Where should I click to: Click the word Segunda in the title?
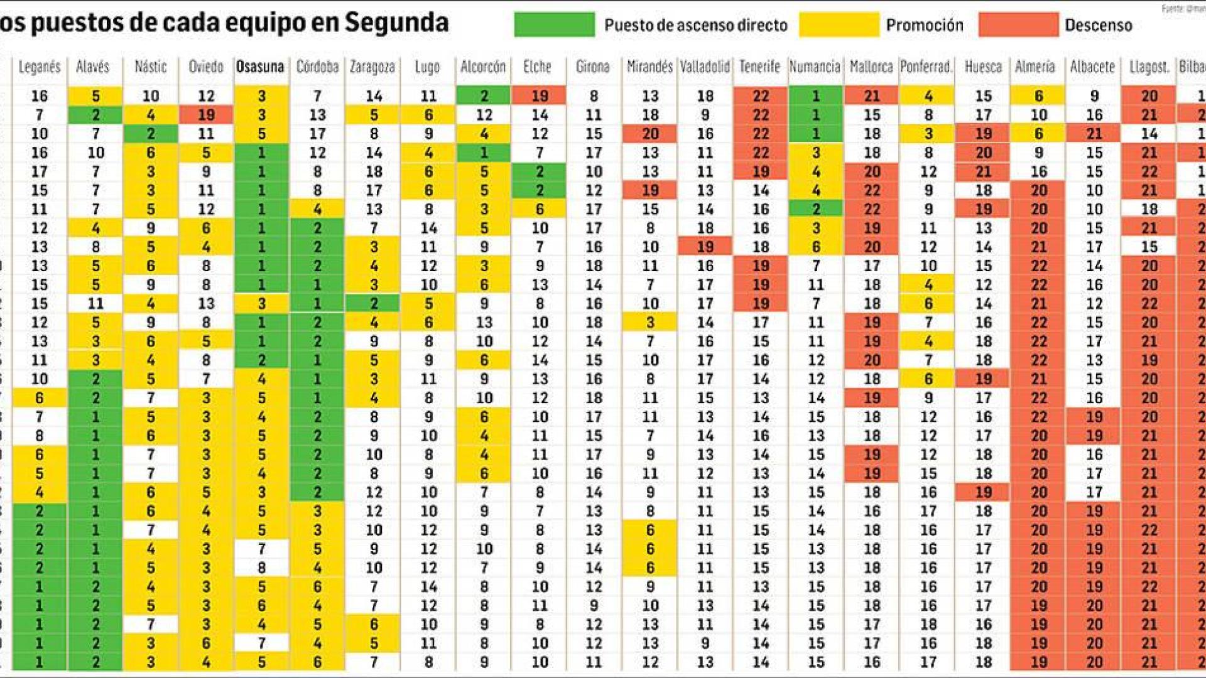pyautogui.click(x=396, y=23)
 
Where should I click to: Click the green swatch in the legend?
pyautogui.click(x=554, y=25)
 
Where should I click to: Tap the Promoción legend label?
pyautogui.click(x=924, y=25)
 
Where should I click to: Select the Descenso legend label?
pyautogui.click(x=1098, y=25)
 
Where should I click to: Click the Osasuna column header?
pyautogui.click(x=260, y=67)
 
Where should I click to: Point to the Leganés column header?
pyautogui.click(x=40, y=67)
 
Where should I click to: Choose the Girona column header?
pyautogui.click(x=592, y=67)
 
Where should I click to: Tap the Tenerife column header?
pyautogui.click(x=759, y=67)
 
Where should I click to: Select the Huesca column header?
pyautogui.click(x=983, y=67)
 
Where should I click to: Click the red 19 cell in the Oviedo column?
pyautogui.click(x=206, y=115)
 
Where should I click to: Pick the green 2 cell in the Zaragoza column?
pyautogui.click(x=374, y=303)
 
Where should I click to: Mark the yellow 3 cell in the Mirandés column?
pyautogui.click(x=650, y=322)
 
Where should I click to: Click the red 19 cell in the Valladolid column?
pyautogui.click(x=705, y=247)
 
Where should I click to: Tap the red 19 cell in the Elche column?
pyautogui.click(x=540, y=96)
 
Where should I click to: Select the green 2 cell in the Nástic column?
pyautogui.click(x=151, y=134)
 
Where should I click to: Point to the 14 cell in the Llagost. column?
pyautogui.click(x=1149, y=134)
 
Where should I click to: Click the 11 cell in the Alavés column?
pyautogui.click(x=95, y=303)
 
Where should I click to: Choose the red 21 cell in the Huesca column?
pyautogui.click(x=983, y=171)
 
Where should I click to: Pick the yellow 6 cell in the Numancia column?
pyautogui.click(x=815, y=247)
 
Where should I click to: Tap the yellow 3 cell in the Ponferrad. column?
pyautogui.click(x=928, y=134)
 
